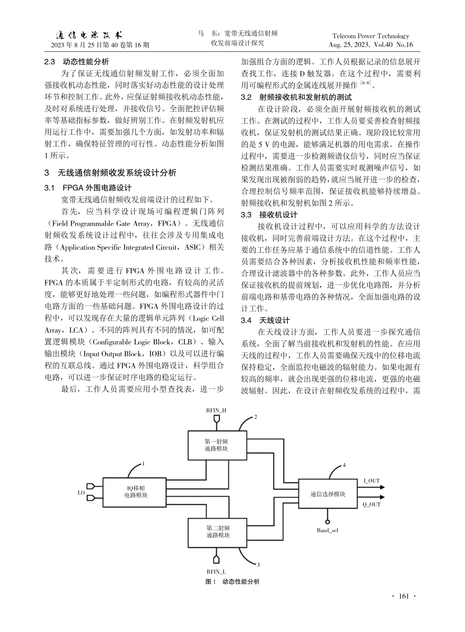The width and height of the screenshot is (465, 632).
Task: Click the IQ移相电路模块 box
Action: coord(135,491)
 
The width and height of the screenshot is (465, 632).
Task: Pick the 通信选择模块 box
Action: coord(327,494)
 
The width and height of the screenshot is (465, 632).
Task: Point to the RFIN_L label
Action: coord(216,571)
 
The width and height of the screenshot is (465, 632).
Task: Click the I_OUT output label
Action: coord(372,481)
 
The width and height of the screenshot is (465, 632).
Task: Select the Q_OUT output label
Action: coord(372,504)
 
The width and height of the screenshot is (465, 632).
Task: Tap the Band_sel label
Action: coord(328,530)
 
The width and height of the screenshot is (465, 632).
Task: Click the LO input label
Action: coord(81,492)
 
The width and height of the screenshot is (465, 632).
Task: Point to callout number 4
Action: coord(344,464)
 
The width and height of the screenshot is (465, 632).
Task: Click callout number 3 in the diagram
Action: coord(258,565)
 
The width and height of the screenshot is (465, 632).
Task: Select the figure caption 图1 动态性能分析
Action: coord(232,582)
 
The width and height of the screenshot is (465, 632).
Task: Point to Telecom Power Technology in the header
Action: coord(371,36)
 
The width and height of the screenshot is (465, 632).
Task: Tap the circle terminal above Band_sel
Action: coord(327,521)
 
